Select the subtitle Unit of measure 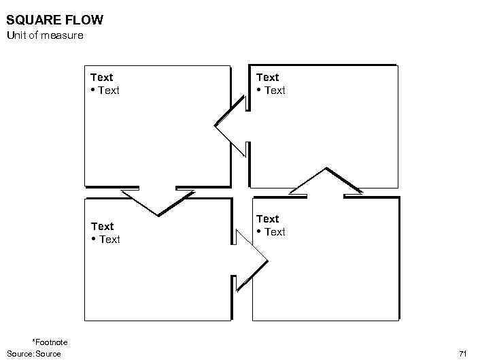45,35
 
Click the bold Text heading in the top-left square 102,78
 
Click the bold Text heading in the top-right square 268,78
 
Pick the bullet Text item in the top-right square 275,91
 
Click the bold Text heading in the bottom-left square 103,226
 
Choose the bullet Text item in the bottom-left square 109,240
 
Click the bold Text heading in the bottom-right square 268,218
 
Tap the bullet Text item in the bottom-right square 275,232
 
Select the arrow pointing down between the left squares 158,202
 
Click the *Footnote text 50,342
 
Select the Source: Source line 34,353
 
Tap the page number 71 463,353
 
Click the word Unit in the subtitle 16,35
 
